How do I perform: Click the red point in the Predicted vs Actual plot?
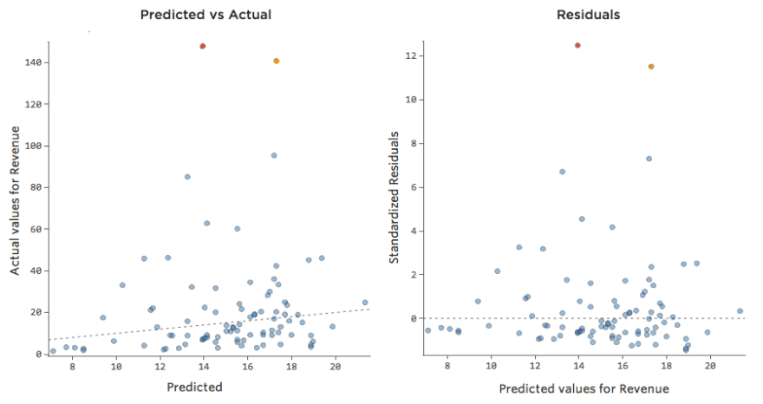tap(202, 46)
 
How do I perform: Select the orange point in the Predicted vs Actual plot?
tap(276, 61)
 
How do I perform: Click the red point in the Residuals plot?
tap(577, 45)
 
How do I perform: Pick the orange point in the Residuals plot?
tap(651, 67)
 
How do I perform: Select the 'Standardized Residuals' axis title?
tap(394, 199)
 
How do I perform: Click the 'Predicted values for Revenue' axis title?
tap(584, 389)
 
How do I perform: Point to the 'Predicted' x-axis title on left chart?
tap(194, 387)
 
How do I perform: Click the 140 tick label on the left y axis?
tap(33, 62)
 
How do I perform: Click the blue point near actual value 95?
tap(274, 155)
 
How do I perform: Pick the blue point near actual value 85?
tap(187, 177)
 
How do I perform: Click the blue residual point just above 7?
tap(649, 159)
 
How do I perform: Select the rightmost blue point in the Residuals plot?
tap(740, 310)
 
